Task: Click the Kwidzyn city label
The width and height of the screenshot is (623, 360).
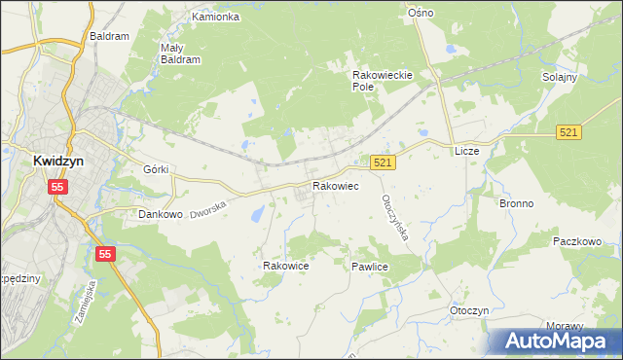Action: coord(36,164)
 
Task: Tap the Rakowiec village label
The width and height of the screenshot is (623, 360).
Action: coord(336,185)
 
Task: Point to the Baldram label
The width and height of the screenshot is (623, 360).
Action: coord(109,36)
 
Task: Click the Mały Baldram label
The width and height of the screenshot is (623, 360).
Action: coord(179,53)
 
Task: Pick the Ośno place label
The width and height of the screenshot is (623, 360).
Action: coord(421,13)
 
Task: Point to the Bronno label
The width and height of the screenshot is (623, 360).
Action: coord(516,204)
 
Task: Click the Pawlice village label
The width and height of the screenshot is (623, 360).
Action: coord(371,265)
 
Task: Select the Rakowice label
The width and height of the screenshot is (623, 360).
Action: coord(286,265)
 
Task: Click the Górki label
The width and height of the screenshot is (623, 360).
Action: coord(157,169)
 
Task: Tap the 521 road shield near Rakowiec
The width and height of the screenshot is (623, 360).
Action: coord(383,163)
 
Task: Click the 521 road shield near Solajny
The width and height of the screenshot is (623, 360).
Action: coord(569,131)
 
